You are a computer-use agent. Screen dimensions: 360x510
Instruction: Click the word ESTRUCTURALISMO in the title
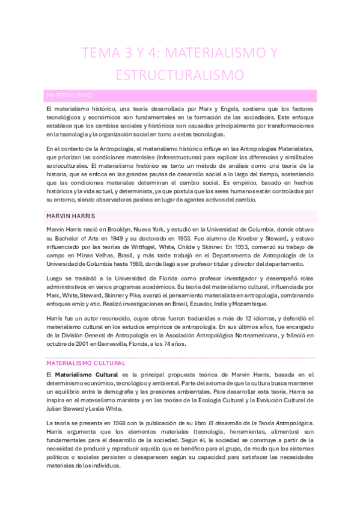point(180,75)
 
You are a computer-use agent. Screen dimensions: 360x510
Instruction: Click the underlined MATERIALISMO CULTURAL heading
point(85,363)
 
